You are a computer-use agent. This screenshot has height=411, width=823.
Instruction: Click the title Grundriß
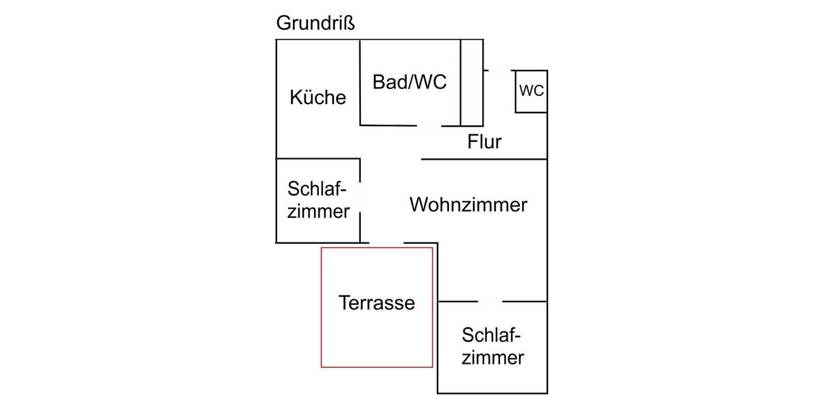click(x=315, y=23)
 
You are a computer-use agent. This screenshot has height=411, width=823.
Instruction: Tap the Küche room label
click(x=318, y=97)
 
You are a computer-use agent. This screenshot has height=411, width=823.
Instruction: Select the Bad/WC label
click(x=409, y=82)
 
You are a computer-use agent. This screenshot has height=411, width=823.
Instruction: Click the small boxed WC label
click(x=532, y=90)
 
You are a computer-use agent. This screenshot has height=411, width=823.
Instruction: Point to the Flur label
click(x=484, y=142)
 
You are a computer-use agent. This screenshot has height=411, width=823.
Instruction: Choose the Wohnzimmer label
click(x=468, y=204)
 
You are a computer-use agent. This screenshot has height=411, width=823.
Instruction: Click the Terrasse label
click(x=377, y=303)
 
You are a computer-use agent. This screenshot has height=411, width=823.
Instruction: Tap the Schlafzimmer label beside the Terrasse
click(x=492, y=347)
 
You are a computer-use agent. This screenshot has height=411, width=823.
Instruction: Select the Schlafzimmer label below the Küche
click(x=318, y=200)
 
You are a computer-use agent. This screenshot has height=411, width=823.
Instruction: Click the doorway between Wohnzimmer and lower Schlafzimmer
click(x=490, y=301)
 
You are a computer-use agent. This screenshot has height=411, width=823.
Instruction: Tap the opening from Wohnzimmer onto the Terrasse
click(x=386, y=243)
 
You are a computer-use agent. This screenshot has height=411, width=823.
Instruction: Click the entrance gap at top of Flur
click(x=499, y=70)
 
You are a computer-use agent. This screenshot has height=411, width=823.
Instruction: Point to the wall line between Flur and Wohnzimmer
click(x=484, y=160)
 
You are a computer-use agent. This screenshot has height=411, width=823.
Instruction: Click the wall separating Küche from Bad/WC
click(x=361, y=82)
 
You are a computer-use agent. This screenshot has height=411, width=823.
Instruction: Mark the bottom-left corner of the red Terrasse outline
click(x=322, y=367)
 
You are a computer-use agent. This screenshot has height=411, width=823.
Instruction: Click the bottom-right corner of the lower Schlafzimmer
click(x=547, y=393)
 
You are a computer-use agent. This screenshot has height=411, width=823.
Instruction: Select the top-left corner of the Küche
click(x=276, y=40)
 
